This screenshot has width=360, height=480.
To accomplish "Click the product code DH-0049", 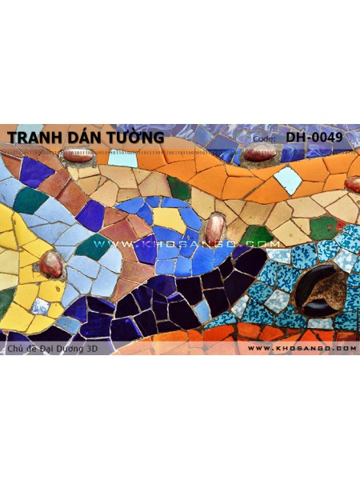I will pyautogui.click(x=314, y=138).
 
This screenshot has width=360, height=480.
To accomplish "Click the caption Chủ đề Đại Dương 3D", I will pyautogui.click(x=55, y=348).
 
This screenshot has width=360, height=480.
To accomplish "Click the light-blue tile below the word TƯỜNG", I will pyautogui.click(x=122, y=158).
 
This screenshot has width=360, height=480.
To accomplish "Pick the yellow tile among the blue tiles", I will pyautogui.click(x=169, y=218).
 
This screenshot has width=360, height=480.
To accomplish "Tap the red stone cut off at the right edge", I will pyautogui.click(x=353, y=184).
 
